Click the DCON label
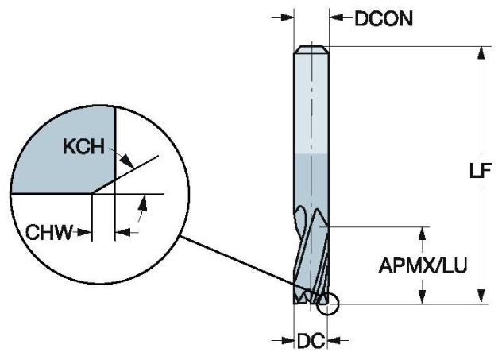[x=384, y=18]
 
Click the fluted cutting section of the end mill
[x=311, y=254]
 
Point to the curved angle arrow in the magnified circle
[x=142, y=210]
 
